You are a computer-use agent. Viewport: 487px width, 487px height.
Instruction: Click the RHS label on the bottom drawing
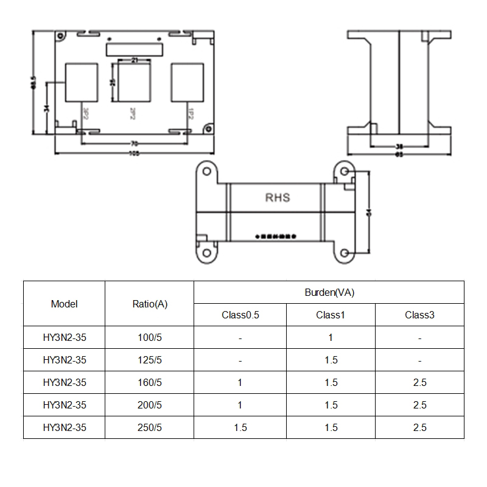[278, 198]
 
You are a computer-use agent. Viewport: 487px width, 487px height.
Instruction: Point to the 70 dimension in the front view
[133, 144]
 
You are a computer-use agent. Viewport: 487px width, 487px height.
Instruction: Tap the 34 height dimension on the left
[47, 108]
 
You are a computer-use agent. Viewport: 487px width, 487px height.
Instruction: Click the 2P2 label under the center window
[132, 113]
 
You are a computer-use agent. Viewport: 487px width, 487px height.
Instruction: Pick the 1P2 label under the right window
[191, 113]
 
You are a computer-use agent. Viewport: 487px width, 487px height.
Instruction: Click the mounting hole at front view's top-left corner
[60, 36]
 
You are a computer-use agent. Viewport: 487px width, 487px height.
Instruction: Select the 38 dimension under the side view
[399, 147]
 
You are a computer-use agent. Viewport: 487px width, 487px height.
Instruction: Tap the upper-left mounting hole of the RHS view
[207, 172]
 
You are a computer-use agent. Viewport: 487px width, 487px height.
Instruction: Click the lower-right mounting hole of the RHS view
[345, 253]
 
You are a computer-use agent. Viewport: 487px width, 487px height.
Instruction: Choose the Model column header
[65, 304]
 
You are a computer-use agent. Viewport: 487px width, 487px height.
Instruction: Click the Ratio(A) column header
[150, 304]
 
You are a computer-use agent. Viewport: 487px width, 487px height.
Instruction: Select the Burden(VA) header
[329, 292]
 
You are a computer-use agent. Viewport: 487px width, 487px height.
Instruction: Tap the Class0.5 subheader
[240, 315]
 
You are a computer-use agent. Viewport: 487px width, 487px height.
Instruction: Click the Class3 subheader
[419, 315]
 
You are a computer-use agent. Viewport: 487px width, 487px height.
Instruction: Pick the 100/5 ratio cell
[150, 337]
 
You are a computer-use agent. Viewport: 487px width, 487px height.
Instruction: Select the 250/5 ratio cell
[150, 427]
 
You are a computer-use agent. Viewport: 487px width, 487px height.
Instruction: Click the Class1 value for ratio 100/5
[331, 337]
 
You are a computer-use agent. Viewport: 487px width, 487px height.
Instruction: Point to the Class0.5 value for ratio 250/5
[240, 427]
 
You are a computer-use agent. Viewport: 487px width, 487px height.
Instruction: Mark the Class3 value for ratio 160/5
[419, 382]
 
